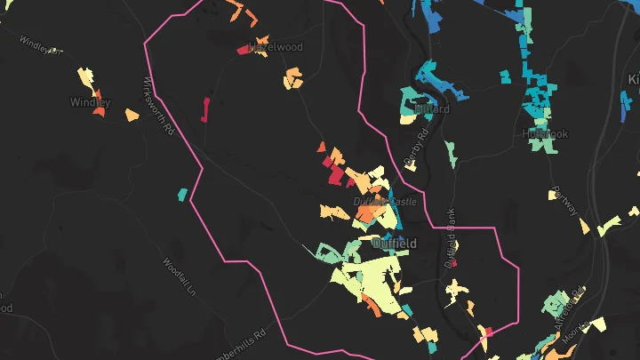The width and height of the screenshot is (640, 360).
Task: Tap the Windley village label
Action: tap(90, 103)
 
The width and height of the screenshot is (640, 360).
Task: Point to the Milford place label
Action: tap(432, 109)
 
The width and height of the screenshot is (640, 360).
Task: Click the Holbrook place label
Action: tap(545, 133)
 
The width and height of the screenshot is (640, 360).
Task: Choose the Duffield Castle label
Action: tap(385, 203)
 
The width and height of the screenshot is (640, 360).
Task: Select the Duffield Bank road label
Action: tap(451, 240)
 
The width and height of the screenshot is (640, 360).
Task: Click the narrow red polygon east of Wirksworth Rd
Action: tap(204, 109)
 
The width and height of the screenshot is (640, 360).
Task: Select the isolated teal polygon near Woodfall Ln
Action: tap(182, 194)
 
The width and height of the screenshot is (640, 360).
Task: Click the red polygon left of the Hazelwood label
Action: tap(243, 50)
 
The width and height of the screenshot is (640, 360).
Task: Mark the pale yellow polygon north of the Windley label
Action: tap(85, 77)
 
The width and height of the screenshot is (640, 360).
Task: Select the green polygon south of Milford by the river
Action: tap(452, 152)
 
